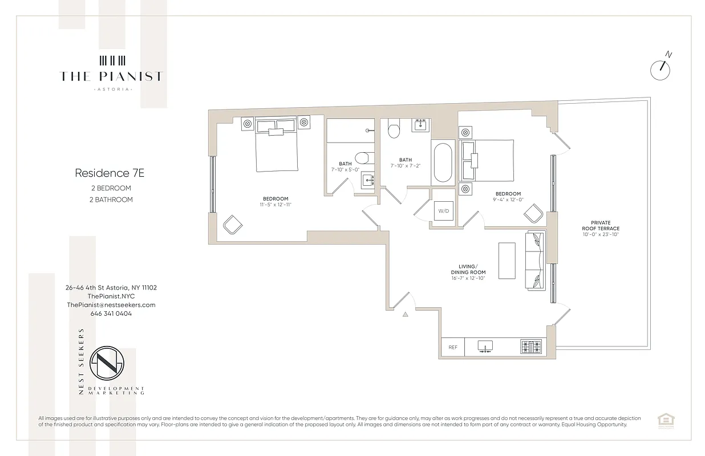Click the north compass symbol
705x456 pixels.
coord(661,69)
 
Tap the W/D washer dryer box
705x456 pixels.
coord(443,211)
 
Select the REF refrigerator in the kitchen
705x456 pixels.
coord(453,347)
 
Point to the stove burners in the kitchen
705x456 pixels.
coord(533,347)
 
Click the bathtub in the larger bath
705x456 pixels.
coord(443,162)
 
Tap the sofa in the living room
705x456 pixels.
coord(536,260)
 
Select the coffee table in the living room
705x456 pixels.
coord(507,260)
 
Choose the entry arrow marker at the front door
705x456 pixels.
coord(406,313)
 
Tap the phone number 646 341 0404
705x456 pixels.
coord(111,313)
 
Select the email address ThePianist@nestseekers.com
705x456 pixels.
coord(111,305)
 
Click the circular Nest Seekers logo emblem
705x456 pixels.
coord(108,364)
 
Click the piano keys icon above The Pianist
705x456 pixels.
coord(112,60)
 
